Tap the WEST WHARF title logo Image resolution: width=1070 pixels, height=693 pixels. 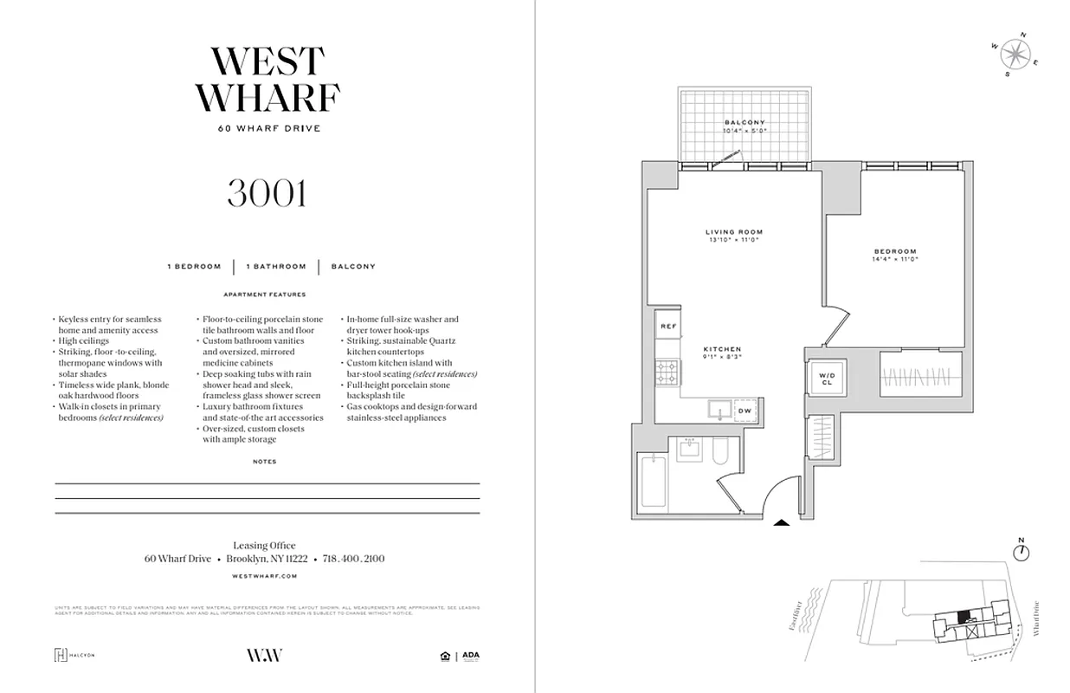pyautogui.click(x=267, y=80)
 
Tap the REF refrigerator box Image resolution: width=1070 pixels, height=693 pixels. pyautogui.click(x=667, y=327)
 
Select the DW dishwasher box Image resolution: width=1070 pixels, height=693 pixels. pyautogui.click(x=744, y=411)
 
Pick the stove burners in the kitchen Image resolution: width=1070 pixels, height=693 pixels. pyautogui.click(x=667, y=374)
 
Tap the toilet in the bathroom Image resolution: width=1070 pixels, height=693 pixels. pyautogui.click(x=719, y=450)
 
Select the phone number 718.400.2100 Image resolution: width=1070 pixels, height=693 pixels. pyautogui.click(x=353, y=559)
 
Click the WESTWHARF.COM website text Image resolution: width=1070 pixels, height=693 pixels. pyautogui.click(x=266, y=575)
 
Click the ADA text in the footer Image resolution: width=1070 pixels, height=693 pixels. pyautogui.click(x=471, y=655)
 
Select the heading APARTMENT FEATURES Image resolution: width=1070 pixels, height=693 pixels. pyautogui.click(x=265, y=295)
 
